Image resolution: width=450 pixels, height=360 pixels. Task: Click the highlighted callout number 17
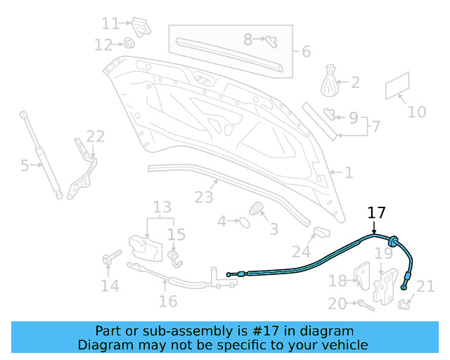point(377,212)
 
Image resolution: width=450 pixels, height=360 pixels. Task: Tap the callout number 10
point(417,112)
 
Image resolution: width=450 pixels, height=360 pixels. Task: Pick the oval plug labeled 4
point(244,222)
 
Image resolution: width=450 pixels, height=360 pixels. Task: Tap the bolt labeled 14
point(109,260)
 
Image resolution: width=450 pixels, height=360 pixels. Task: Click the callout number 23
point(204,197)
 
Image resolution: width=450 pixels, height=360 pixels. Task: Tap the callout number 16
point(167,302)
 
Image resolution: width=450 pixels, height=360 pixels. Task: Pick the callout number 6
point(306,52)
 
